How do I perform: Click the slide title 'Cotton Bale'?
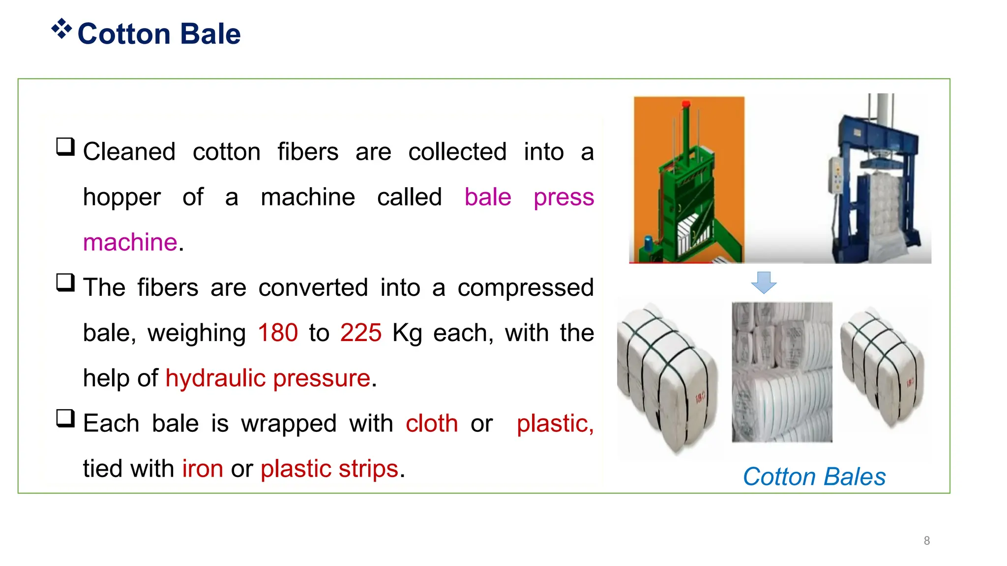tap(159, 34)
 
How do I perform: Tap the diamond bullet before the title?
tap(61, 29)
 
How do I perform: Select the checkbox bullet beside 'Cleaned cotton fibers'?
tap(65, 147)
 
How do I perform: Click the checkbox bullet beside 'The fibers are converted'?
tap(65, 283)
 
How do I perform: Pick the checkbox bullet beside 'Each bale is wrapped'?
tap(65, 419)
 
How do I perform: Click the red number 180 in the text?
tap(278, 333)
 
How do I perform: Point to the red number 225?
tap(360, 333)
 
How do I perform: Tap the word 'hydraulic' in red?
tap(215, 378)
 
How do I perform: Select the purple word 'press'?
tap(563, 197)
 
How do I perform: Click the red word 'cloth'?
tap(432, 423)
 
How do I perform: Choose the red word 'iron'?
tap(203, 468)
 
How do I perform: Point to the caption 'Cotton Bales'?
tap(814, 477)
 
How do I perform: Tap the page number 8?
tap(927, 540)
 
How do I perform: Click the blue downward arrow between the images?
tap(764, 283)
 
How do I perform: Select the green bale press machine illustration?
tap(688, 180)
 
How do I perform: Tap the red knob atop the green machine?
tap(686, 104)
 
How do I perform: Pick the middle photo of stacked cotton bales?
tap(782, 372)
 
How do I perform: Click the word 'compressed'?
tap(525, 288)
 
